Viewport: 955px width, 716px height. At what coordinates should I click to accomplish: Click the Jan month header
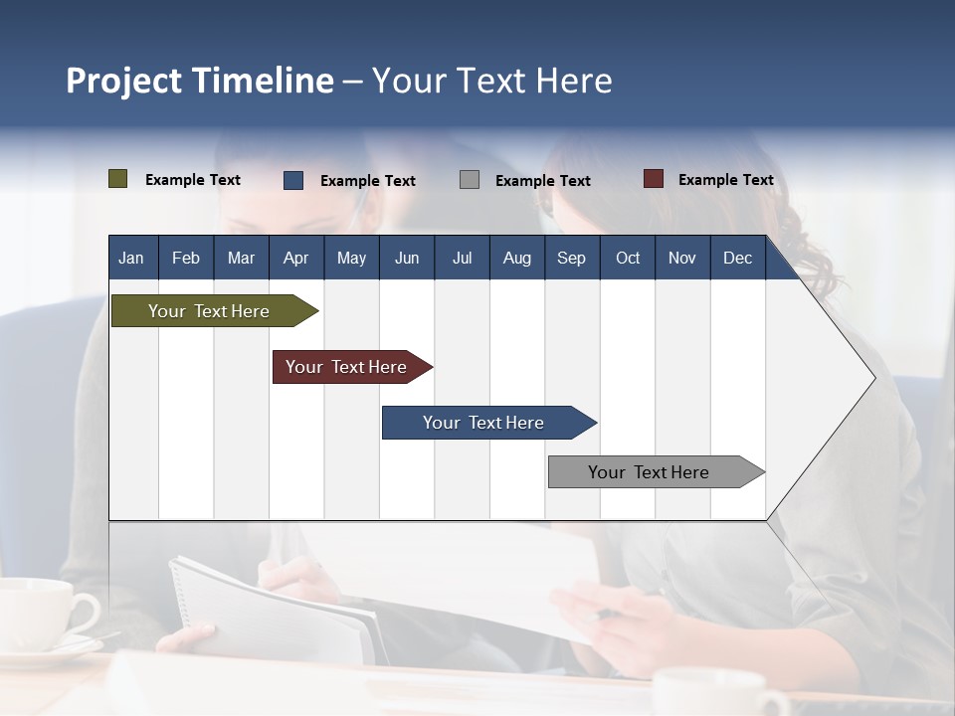point(131,258)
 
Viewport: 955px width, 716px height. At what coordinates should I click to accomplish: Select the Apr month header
point(295,258)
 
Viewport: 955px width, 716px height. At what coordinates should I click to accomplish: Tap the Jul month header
point(462,258)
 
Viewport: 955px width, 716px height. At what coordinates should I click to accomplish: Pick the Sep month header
point(571,258)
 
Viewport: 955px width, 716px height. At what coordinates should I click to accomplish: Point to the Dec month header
point(737,258)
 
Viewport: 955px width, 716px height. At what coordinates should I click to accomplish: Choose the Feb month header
point(186,258)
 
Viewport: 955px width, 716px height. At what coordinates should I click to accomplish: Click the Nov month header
point(682,258)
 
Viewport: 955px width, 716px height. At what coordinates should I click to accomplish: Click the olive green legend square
point(118,179)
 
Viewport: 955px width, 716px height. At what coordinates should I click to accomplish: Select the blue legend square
point(293,180)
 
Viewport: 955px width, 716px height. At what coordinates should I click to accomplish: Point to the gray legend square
point(470,180)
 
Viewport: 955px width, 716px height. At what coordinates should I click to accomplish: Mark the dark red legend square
point(654,179)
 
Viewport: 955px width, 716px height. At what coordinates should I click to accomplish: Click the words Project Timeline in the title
point(199,81)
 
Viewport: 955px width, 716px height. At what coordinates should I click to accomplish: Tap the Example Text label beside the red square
point(725,180)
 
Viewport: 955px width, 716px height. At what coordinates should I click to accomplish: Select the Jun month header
point(407,258)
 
